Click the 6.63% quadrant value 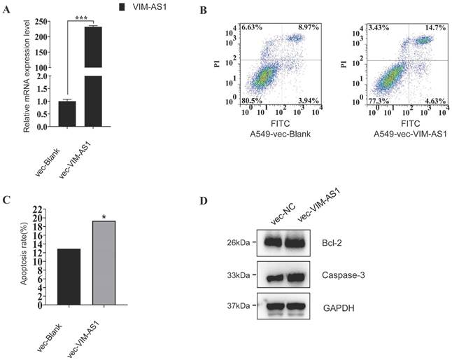pyautogui.click(x=253, y=27)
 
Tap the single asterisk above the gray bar pyautogui.click(x=104, y=217)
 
